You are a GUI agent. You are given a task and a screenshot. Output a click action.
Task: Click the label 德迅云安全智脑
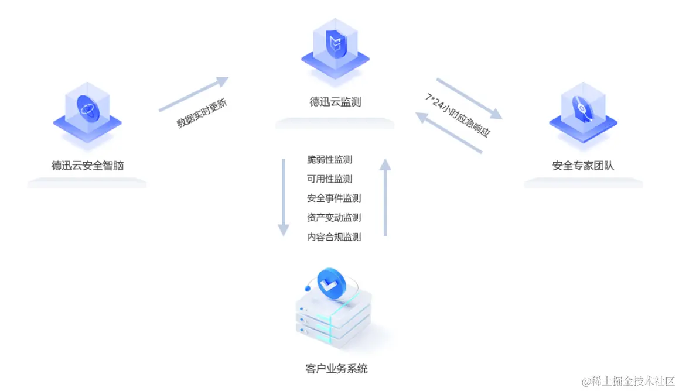(x=87, y=166)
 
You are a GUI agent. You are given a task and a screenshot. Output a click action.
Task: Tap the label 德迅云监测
(x=335, y=102)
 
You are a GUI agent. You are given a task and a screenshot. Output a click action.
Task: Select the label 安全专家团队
(x=583, y=166)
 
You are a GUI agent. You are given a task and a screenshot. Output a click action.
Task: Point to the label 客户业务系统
(x=337, y=369)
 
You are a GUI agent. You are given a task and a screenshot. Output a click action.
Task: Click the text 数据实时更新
(x=202, y=115)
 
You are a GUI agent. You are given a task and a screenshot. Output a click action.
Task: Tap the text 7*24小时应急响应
(x=458, y=115)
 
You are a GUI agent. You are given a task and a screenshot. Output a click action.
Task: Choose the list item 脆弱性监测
(x=329, y=160)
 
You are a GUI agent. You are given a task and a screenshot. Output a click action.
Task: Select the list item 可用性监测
(x=329, y=179)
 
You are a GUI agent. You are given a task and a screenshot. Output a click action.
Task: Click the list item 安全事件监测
(x=334, y=198)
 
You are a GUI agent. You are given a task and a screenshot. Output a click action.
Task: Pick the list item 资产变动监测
(x=334, y=218)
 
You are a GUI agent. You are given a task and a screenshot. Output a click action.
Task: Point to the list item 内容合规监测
(x=334, y=237)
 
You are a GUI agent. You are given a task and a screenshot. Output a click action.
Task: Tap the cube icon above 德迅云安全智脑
(x=87, y=111)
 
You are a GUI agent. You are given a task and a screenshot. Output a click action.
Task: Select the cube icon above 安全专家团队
(x=583, y=111)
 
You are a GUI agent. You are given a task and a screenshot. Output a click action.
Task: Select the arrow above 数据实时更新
(x=193, y=94)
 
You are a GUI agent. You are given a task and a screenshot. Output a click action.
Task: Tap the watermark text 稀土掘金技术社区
(x=628, y=381)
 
